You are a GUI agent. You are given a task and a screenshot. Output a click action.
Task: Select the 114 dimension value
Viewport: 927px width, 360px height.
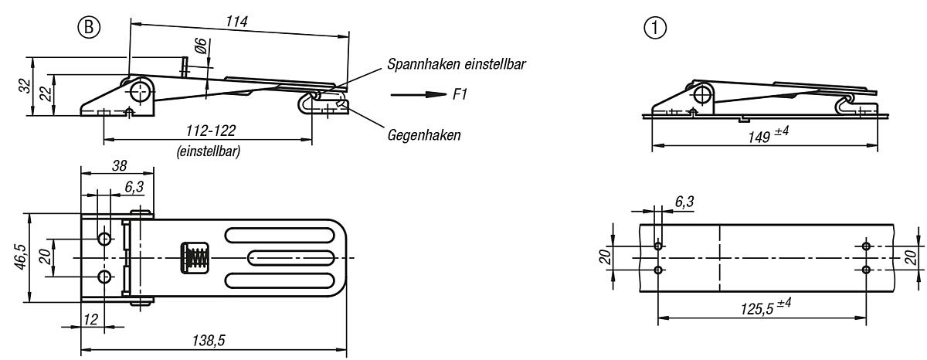pyautogui.click(x=236, y=22)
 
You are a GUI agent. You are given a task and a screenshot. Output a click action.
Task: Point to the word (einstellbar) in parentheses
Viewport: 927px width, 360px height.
pyautogui.click(x=207, y=151)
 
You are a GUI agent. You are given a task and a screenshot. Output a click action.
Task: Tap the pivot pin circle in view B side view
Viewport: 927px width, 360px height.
pyautogui.click(x=140, y=93)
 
